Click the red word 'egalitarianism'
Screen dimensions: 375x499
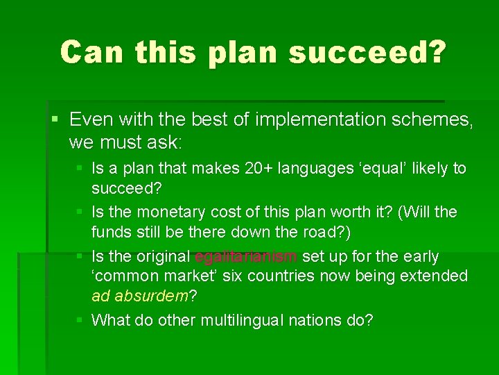tap(246, 257)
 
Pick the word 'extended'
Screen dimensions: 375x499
tap(437, 276)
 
